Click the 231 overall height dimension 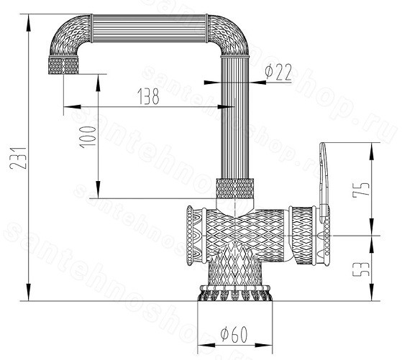[x=18, y=158]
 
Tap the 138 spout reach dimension [x=149, y=96]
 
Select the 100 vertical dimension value [x=88, y=137]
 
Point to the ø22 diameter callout [x=279, y=72]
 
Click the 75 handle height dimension [x=361, y=190]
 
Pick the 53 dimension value [x=361, y=269]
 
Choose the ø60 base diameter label [x=234, y=334]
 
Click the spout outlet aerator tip [x=63, y=65]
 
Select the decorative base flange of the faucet [x=234, y=292]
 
